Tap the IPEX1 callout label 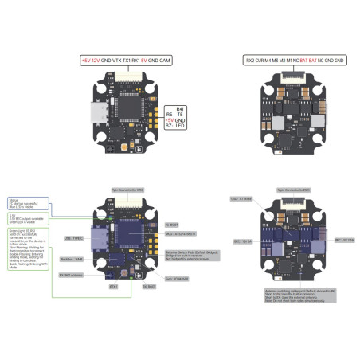coord(113,284)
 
